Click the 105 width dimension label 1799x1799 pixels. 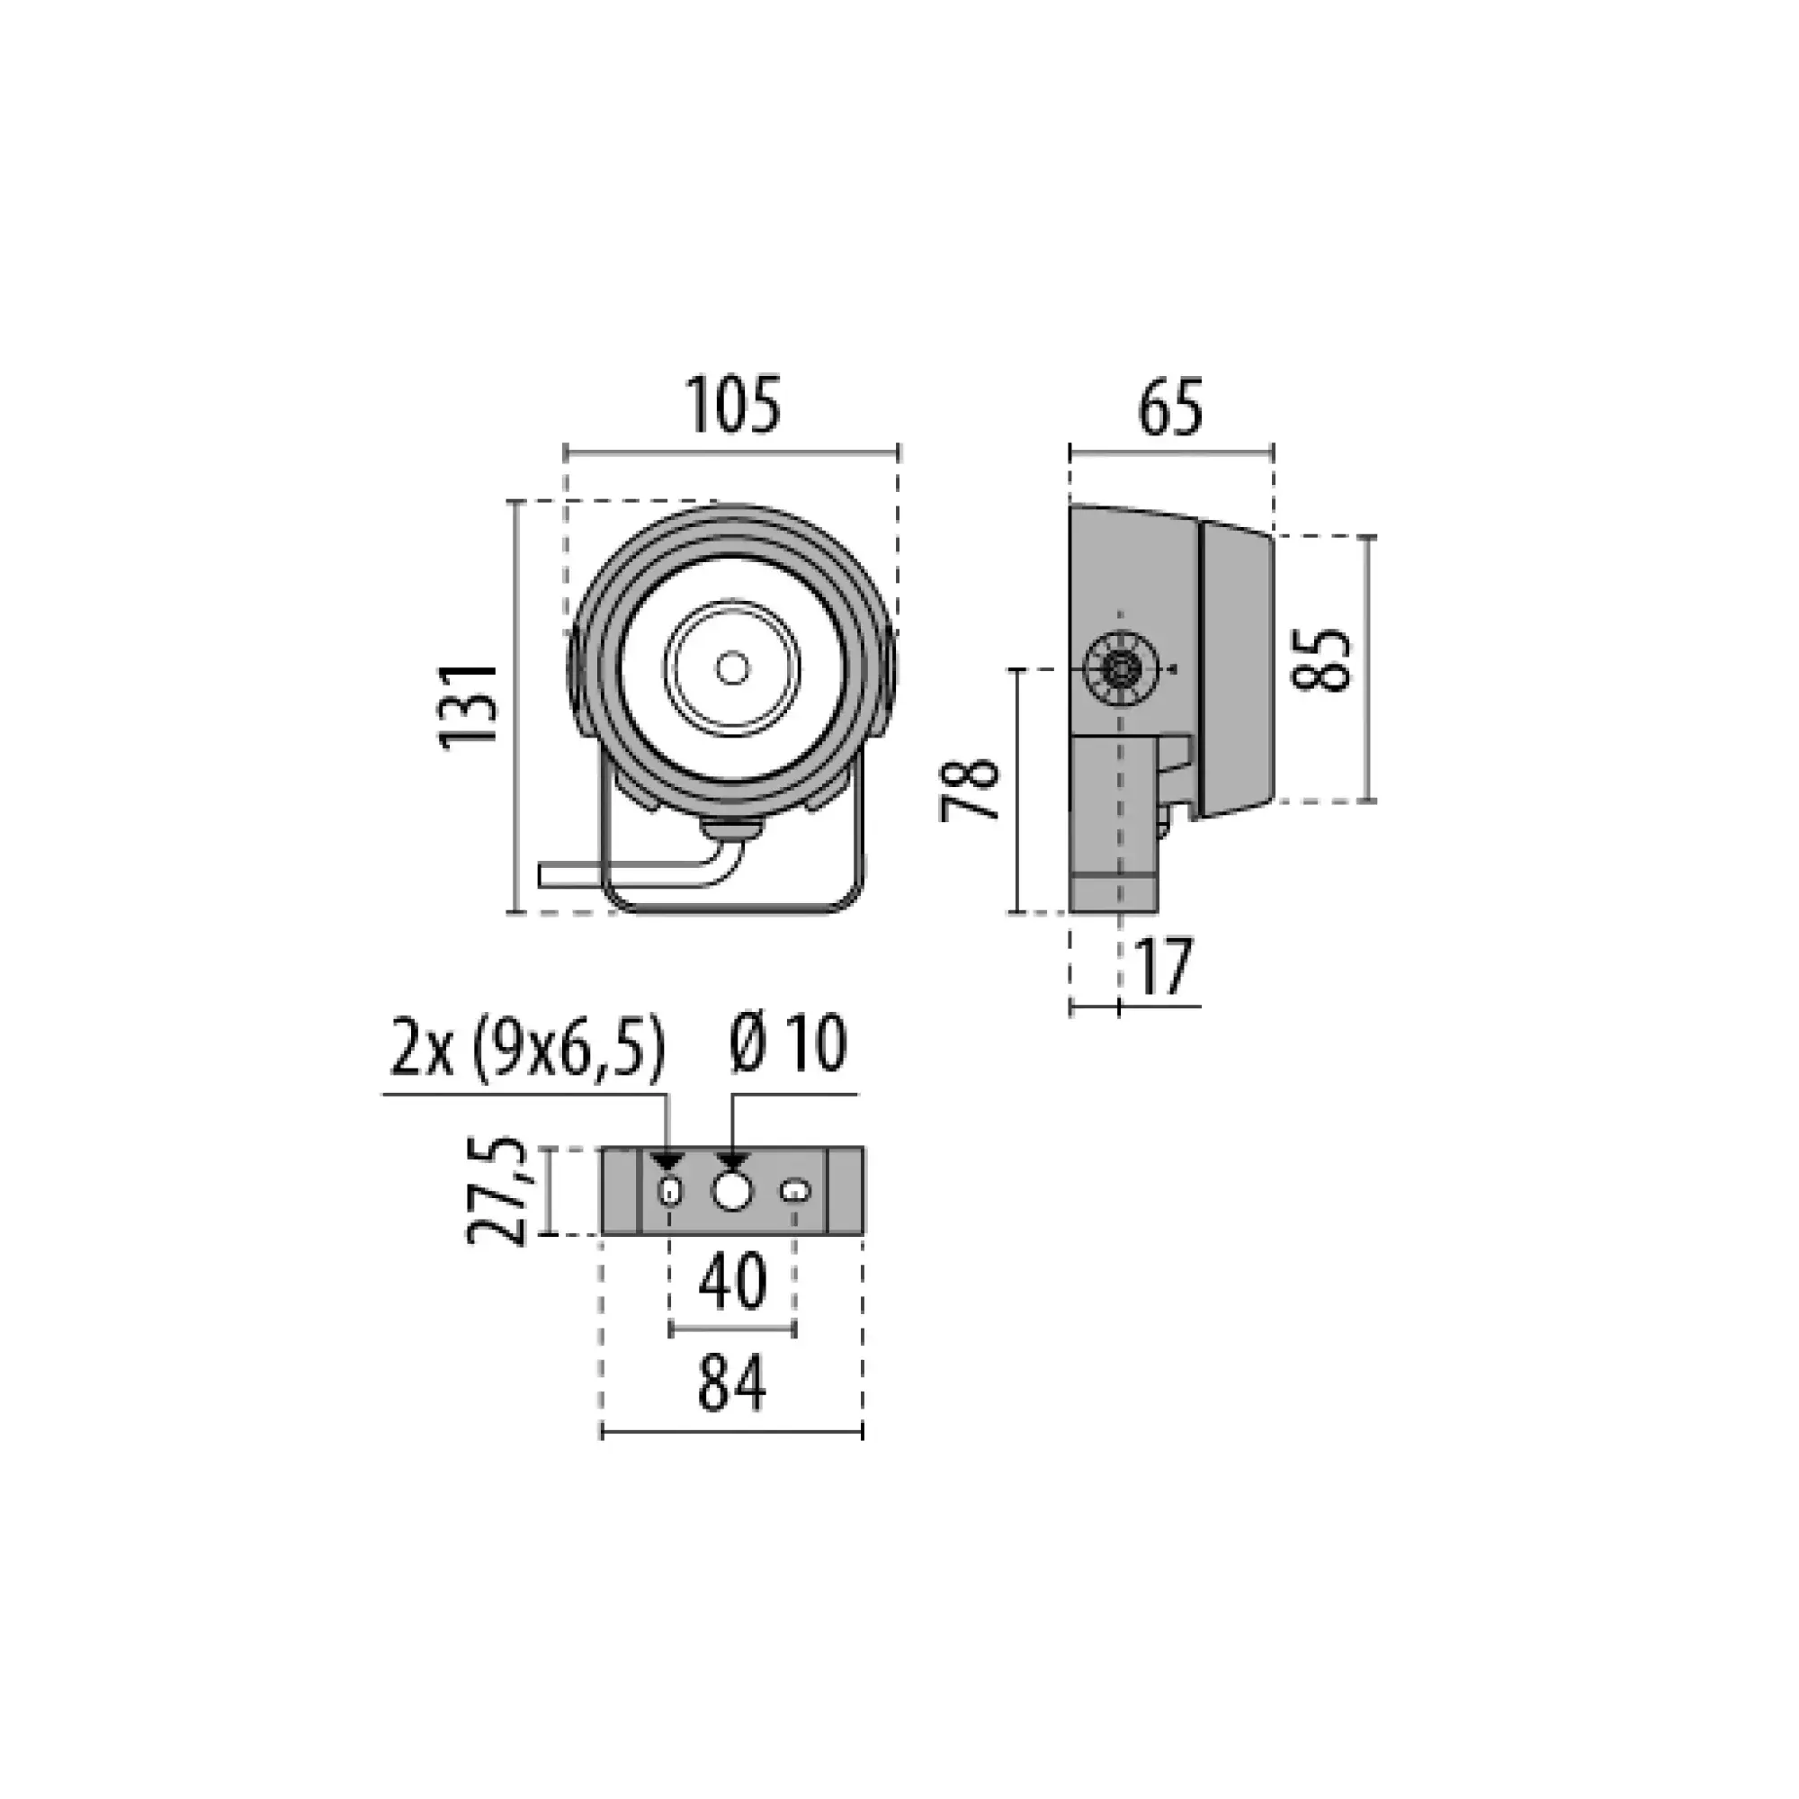pos(734,406)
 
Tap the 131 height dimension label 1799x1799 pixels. pos(469,706)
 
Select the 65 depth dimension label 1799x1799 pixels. pos(1170,407)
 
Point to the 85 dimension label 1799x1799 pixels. pos(1322,659)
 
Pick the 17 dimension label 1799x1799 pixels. pos(1164,968)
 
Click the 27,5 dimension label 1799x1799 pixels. pos(497,1191)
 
